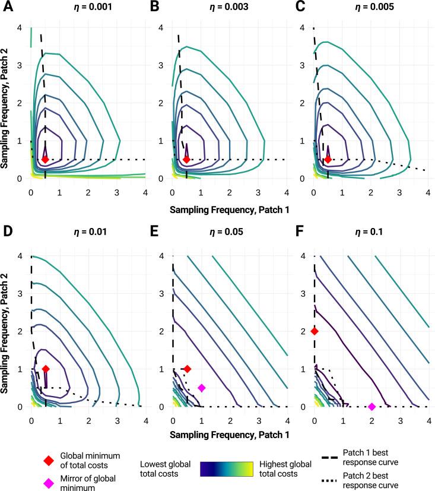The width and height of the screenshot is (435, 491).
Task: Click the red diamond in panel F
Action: pyautogui.click(x=315, y=331)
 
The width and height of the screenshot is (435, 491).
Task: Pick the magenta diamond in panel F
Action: pyautogui.click(x=372, y=407)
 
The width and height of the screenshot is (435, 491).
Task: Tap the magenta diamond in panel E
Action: pyautogui.click(x=202, y=388)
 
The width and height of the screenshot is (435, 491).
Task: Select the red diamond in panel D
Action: pyautogui.click(x=46, y=369)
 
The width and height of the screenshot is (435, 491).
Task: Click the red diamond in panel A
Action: pyautogui.click(x=45, y=159)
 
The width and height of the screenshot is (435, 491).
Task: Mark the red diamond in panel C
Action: pyautogui.click(x=328, y=159)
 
